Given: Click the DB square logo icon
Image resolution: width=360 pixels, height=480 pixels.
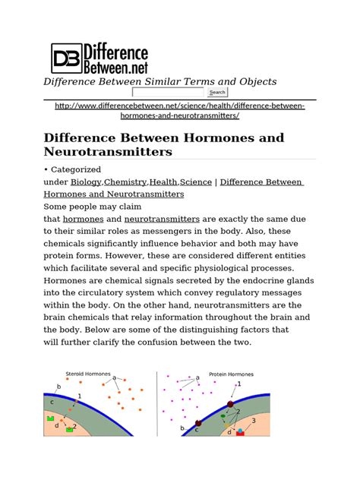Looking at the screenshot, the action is tap(65, 58).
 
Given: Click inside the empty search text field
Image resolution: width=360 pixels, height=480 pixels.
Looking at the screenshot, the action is tap(169, 92).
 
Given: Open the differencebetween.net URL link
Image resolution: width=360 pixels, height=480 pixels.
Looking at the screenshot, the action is tap(179, 110).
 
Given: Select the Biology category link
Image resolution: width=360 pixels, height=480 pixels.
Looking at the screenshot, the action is tap(86, 182).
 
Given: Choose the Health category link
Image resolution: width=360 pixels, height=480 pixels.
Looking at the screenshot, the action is tap(163, 182).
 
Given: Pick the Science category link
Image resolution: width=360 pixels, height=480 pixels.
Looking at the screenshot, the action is tap(197, 182).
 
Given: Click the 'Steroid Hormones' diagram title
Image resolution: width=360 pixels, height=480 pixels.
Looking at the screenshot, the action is tap(87, 374).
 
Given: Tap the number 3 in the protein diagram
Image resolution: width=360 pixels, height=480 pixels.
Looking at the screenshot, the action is tap(254, 420).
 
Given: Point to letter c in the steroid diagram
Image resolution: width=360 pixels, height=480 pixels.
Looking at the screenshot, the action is tap(52, 403).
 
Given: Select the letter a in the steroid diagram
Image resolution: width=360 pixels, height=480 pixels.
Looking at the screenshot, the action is tap(114, 377).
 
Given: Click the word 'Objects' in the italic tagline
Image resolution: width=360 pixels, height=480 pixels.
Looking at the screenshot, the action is tap(256, 81).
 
